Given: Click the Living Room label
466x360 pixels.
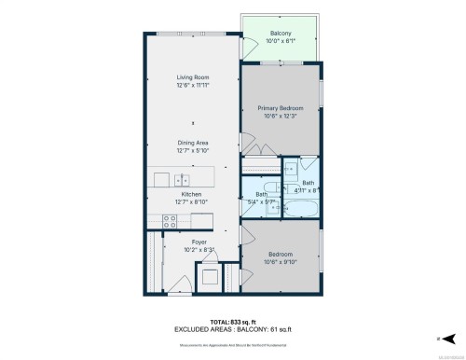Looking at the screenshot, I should [192, 77].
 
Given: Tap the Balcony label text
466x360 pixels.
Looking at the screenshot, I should [281, 32].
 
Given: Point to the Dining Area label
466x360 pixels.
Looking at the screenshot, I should [192, 143].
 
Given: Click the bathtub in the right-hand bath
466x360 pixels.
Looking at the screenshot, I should [298, 207].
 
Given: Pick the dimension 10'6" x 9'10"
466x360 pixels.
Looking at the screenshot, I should [281, 262].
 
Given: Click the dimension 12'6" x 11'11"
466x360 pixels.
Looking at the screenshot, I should [192, 86].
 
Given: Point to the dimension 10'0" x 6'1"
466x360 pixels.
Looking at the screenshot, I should [281, 40].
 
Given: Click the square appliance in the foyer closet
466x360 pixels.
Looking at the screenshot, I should [209, 277].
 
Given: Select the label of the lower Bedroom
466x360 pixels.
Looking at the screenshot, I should [281, 254].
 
